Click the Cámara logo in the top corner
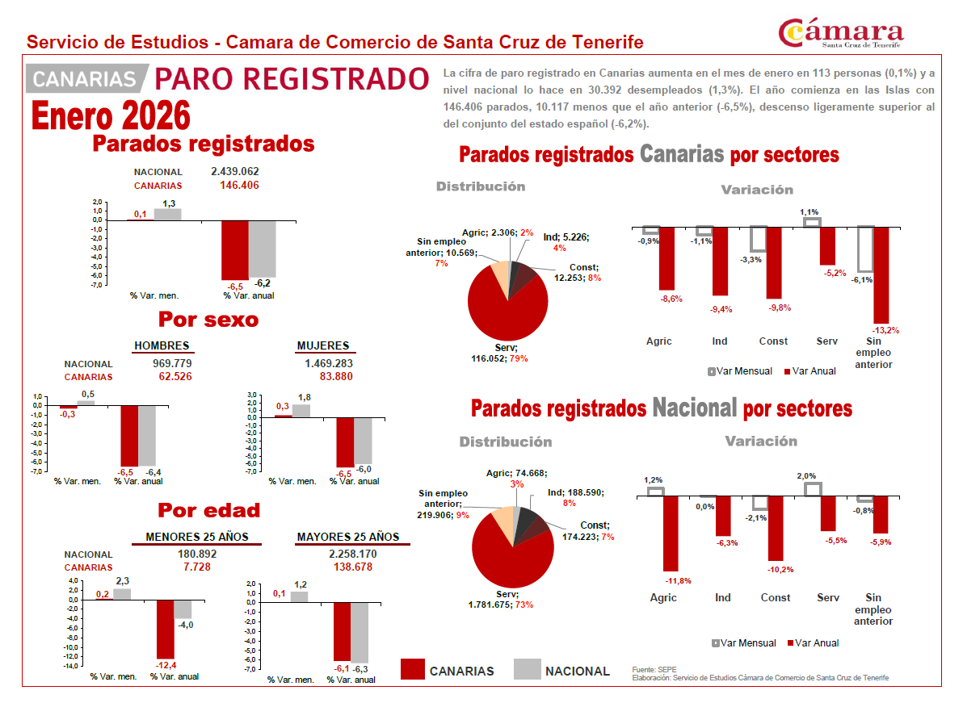click(x=841, y=33)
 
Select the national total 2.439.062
click(x=234, y=172)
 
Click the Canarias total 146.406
click(x=239, y=186)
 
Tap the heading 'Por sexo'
click(x=208, y=320)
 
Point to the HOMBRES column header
click(x=162, y=345)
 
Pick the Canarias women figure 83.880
click(x=336, y=377)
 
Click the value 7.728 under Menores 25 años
click(x=196, y=567)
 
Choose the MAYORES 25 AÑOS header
click(x=348, y=538)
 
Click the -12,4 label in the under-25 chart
click(x=166, y=666)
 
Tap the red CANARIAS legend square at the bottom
click(x=412, y=669)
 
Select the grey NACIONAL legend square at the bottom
click(x=527, y=669)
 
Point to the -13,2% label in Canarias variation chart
click(x=885, y=330)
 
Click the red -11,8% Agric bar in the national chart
click(x=671, y=534)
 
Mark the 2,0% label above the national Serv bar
click(x=806, y=476)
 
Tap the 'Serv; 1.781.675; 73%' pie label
click(x=501, y=600)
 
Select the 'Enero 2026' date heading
click(x=111, y=116)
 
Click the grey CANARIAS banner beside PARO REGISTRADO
click(x=86, y=78)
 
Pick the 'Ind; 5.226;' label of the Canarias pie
click(x=566, y=237)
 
